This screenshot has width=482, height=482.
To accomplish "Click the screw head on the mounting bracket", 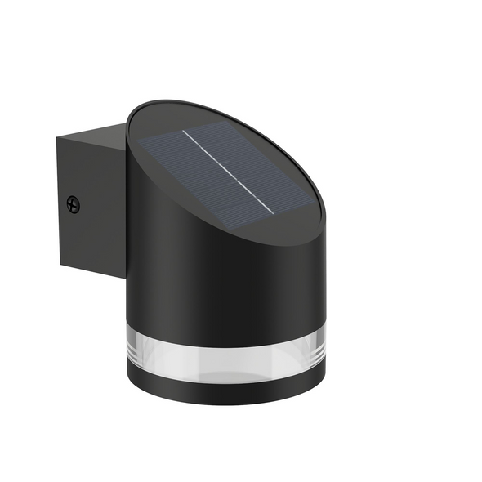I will coord(74,204).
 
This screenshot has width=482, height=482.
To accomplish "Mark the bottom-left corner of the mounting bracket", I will coord(59,266).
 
